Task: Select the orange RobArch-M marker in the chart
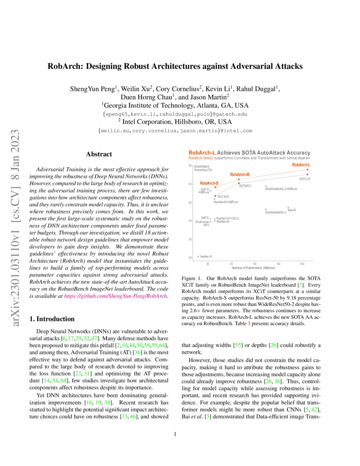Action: pyautogui.click(x=239, y=179)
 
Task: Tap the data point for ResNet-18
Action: pyautogui.click(x=198, y=257)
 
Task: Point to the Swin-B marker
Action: pyautogui.click(x=288, y=208)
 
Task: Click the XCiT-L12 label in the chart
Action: pyautogui.click(x=305, y=179)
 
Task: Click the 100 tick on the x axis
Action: pyautogui.click(x=302, y=264)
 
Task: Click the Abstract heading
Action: pyautogui.click(x=99, y=155)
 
